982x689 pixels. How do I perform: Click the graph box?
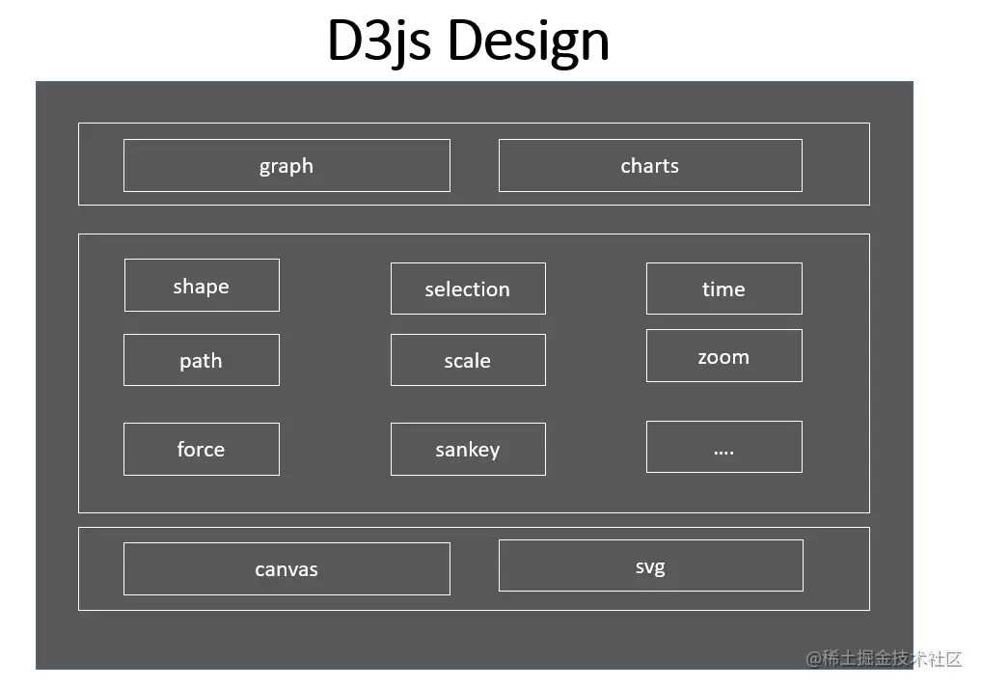[286, 166]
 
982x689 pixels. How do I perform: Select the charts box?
[650, 166]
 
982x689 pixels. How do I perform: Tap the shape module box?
[202, 286]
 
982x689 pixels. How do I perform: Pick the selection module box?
[468, 289]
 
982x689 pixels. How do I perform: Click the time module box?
[723, 289]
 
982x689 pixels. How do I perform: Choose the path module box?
[202, 360]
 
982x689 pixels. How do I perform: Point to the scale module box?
[468, 360]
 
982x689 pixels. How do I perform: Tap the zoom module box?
[723, 356]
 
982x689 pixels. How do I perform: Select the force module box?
[202, 449]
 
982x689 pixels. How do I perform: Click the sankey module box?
[468, 449]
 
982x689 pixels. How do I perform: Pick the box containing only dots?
[723, 447]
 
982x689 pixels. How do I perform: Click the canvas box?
[286, 568]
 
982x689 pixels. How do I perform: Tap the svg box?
[650, 565]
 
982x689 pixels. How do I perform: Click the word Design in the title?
[528, 41]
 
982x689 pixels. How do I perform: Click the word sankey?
[468, 450]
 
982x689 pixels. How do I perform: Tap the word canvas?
[286, 569]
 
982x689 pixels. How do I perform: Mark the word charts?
[650, 166]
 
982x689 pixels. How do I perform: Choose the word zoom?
[723, 357]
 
